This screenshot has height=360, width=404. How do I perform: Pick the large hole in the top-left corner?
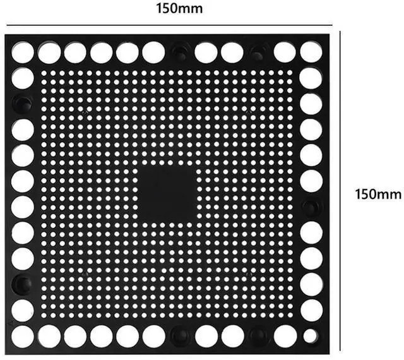(x=22, y=52)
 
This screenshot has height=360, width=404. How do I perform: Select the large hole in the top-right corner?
(x=311, y=52)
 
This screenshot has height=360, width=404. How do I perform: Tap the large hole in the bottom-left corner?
(x=22, y=336)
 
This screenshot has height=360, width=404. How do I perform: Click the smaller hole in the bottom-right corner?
(x=309, y=335)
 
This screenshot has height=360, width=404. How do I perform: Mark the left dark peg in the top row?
(x=179, y=52)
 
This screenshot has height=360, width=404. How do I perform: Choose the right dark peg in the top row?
(x=258, y=52)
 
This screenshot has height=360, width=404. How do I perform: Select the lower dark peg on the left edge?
(x=22, y=284)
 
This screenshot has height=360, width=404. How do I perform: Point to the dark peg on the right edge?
(x=311, y=207)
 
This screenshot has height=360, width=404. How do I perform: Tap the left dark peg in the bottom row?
(x=179, y=335)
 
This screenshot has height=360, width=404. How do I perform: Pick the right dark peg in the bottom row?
(x=258, y=335)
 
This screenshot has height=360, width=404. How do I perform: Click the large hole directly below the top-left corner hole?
(x=22, y=78)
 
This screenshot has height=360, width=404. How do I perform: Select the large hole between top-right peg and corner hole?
(x=284, y=52)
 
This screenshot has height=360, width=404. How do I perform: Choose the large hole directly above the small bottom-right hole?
(x=311, y=310)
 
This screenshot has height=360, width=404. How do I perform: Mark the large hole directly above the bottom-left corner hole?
(x=22, y=310)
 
